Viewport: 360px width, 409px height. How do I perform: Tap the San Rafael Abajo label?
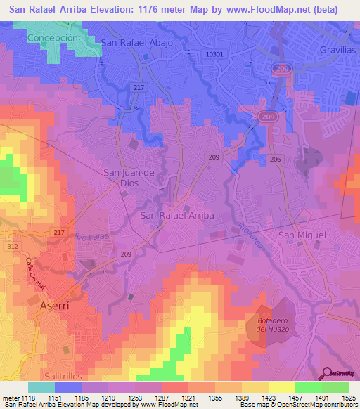(137, 42)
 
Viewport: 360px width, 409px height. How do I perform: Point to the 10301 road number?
(217, 54)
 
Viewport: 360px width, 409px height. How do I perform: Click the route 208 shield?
(279, 68)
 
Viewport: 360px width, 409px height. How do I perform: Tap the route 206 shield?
(275, 160)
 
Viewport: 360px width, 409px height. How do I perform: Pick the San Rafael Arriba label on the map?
(177, 215)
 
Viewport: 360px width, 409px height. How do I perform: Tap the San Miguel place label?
(302, 235)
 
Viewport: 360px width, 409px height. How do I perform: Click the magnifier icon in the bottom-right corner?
(326, 372)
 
